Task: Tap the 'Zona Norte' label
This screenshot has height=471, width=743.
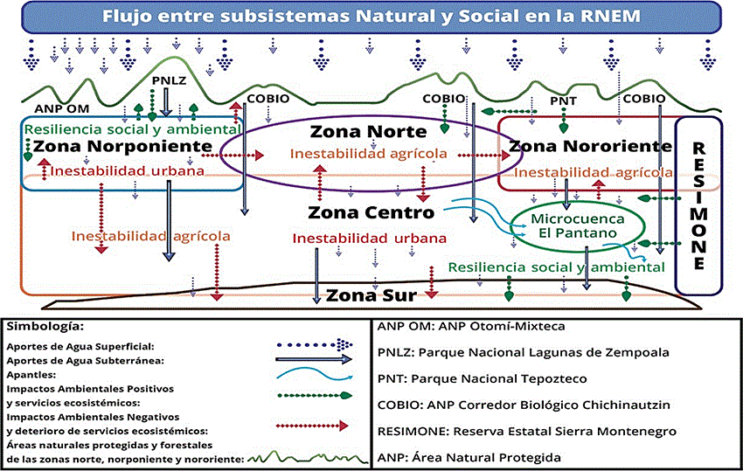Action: (368, 132)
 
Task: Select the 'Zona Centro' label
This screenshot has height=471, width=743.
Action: (371, 212)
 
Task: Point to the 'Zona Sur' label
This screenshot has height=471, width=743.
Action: (371, 294)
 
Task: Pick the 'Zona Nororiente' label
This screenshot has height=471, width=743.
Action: (590, 146)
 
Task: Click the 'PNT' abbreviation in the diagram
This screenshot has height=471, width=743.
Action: (563, 100)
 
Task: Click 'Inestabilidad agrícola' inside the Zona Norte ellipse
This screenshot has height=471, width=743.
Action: (369, 155)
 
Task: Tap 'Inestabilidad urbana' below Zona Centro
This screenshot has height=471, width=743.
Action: (369, 238)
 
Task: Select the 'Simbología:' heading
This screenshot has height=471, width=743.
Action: (45, 327)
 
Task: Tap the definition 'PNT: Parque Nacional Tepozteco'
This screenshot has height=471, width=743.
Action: (482, 378)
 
